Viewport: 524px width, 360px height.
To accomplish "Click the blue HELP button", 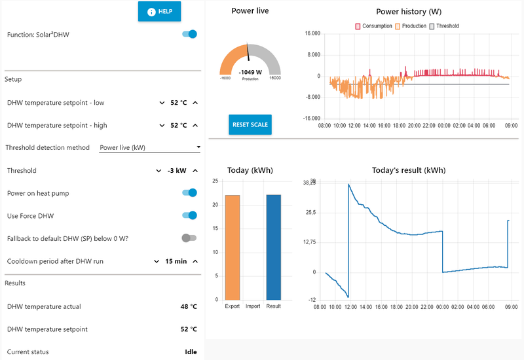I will point(159,11).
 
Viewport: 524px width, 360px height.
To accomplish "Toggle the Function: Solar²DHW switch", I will point(189,34).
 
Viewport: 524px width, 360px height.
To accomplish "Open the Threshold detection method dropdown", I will point(150,147).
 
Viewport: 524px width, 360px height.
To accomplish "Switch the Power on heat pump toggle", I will point(189,193).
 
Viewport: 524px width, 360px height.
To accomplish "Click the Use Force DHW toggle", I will point(189,215).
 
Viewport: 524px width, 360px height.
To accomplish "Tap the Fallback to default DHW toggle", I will point(189,238).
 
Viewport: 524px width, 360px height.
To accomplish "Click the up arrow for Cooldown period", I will point(195,261).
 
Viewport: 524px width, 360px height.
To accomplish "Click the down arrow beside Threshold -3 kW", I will point(159,171).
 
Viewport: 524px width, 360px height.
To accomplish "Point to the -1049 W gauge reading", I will point(250,72).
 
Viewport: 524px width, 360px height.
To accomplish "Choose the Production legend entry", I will point(411,26).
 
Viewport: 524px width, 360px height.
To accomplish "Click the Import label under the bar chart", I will point(253,306).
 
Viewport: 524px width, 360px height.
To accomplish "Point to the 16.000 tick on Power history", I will point(311,33).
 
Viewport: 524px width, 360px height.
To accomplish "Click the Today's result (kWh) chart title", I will point(408,170).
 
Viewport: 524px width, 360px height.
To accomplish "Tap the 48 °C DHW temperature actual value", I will point(189,306).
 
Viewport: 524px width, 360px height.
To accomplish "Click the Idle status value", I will point(191,351).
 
